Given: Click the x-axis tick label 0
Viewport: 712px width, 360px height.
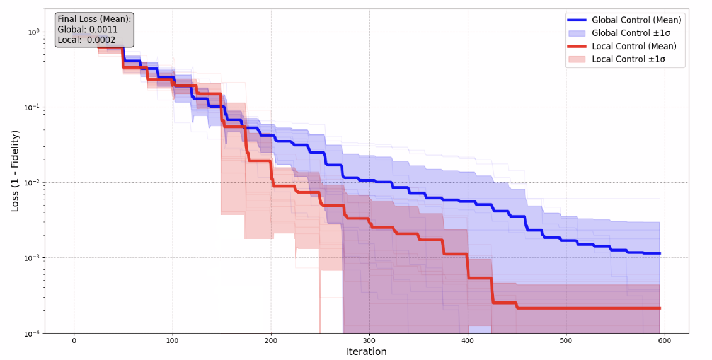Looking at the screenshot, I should (74, 340).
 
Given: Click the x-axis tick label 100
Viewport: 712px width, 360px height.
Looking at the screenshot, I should (172, 340).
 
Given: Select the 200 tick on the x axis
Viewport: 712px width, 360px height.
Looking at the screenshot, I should (271, 340).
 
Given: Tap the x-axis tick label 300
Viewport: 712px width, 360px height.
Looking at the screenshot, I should (369, 340).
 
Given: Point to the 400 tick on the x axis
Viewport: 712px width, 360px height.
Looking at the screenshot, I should (468, 340).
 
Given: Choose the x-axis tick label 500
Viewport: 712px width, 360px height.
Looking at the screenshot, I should (566, 340).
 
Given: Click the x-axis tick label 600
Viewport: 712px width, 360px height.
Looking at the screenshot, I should (665, 340).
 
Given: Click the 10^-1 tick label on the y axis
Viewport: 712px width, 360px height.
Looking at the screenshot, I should (32, 107).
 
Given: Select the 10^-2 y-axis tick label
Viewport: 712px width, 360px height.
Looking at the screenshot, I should (32, 182).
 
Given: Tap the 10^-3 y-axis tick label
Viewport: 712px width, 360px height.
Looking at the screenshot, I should (32, 258).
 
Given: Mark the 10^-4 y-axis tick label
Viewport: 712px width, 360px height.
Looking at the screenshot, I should (32, 333).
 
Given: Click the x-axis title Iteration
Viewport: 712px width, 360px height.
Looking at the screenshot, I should (366, 352).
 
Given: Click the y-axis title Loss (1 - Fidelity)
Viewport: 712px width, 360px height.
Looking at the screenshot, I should (15, 171).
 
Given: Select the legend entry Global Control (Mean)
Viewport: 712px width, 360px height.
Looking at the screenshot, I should (636, 20).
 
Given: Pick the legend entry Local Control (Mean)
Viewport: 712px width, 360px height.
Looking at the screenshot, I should (634, 46).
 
